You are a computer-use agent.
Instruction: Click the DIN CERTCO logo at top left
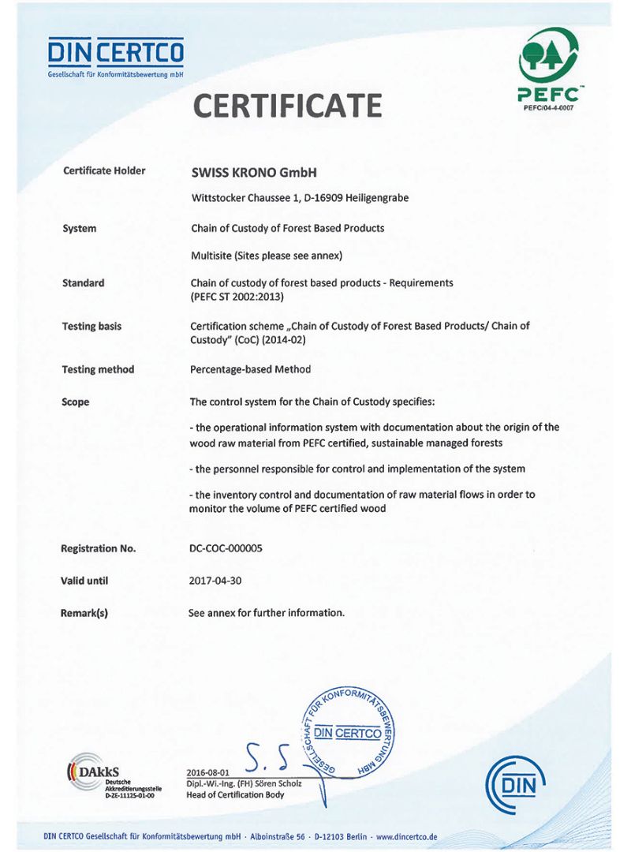pyautogui.click(x=115, y=57)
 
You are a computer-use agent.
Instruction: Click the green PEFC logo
pyautogui.click(x=547, y=71)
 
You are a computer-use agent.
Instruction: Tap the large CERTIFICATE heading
pyautogui.click(x=287, y=105)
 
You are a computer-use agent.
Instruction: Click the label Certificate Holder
pyautogui.click(x=104, y=170)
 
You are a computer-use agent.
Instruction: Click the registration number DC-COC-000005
pyautogui.click(x=226, y=548)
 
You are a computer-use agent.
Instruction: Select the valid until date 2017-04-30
pyautogui.click(x=215, y=581)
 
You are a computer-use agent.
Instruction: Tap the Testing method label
pyautogui.click(x=98, y=369)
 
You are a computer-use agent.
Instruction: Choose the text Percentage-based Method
pyautogui.click(x=251, y=369)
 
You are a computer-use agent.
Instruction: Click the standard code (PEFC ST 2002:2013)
pyautogui.click(x=237, y=297)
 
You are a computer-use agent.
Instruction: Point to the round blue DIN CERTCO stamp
pyautogui.click(x=348, y=730)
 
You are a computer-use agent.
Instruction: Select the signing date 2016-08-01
pyautogui.click(x=207, y=772)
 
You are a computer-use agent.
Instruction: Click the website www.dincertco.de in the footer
pyautogui.click(x=407, y=836)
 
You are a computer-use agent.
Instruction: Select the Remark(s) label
pyautogui.click(x=84, y=613)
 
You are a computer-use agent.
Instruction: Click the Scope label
pyautogui.click(x=76, y=402)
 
